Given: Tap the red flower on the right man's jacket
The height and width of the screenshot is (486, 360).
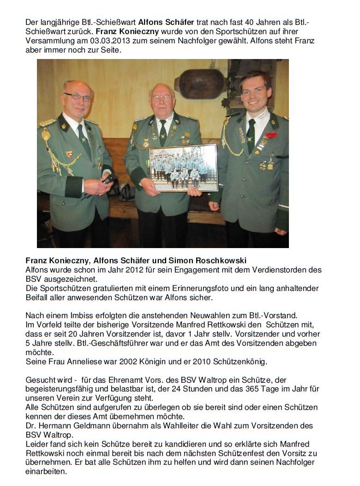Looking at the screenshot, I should click(x=271, y=135).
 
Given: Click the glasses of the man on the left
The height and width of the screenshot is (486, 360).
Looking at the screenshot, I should click(x=77, y=97).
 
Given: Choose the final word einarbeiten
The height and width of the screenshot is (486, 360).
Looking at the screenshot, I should click(x=46, y=472).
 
